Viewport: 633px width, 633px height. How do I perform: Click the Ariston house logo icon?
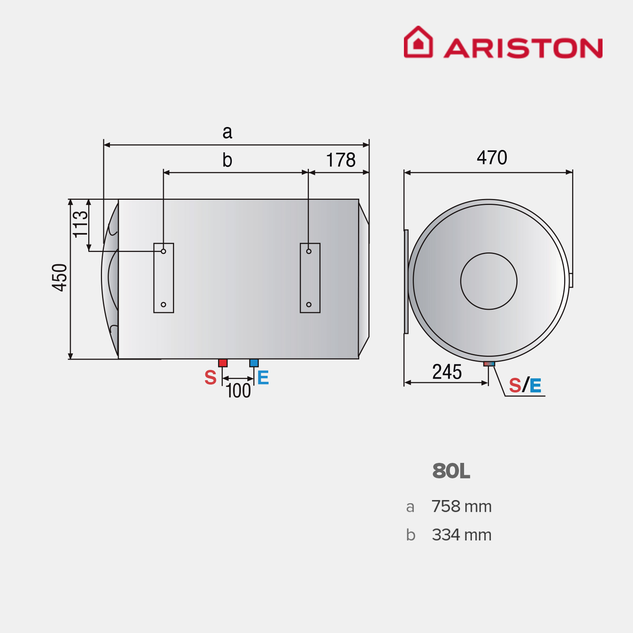click(418, 42)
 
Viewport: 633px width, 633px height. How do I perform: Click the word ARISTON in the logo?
click(523, 48)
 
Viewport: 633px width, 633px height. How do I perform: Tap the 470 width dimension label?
click(492, 157)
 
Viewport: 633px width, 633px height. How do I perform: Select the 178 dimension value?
click(341, 160)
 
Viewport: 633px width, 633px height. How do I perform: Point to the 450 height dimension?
click(60, 277)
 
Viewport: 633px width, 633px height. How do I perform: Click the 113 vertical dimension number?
click(80, 224)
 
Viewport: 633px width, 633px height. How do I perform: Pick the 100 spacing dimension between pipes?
click(238, 391)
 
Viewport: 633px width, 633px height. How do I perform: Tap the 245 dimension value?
click(447, 372)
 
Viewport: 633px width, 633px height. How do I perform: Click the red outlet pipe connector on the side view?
click(223, 363)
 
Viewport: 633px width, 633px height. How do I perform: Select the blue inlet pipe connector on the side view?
click(254, 363)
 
